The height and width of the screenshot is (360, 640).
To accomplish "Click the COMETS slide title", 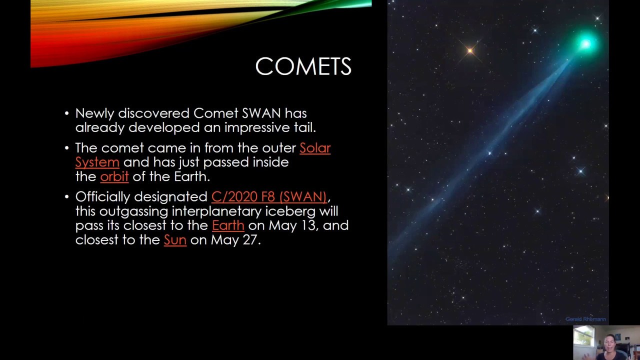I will [303, 66].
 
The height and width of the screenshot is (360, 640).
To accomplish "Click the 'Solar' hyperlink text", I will [315, 148].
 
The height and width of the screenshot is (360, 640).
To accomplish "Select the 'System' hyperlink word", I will [97, 162].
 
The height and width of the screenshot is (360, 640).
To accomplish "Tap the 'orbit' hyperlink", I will [114, 177].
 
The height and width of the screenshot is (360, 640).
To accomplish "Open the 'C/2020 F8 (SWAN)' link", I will [269, 196].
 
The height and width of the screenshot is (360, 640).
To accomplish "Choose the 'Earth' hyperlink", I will [228, 225].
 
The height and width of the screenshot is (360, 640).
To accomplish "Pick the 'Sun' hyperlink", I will [175, 240].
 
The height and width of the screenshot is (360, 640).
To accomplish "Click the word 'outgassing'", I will [133, 211].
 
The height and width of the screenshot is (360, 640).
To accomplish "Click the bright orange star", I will [470, 50].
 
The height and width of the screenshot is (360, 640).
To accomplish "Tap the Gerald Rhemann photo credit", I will [585, 319].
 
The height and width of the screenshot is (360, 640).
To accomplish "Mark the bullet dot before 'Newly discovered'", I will [67, 113].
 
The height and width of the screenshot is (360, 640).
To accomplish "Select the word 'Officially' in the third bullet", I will [102, 196].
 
